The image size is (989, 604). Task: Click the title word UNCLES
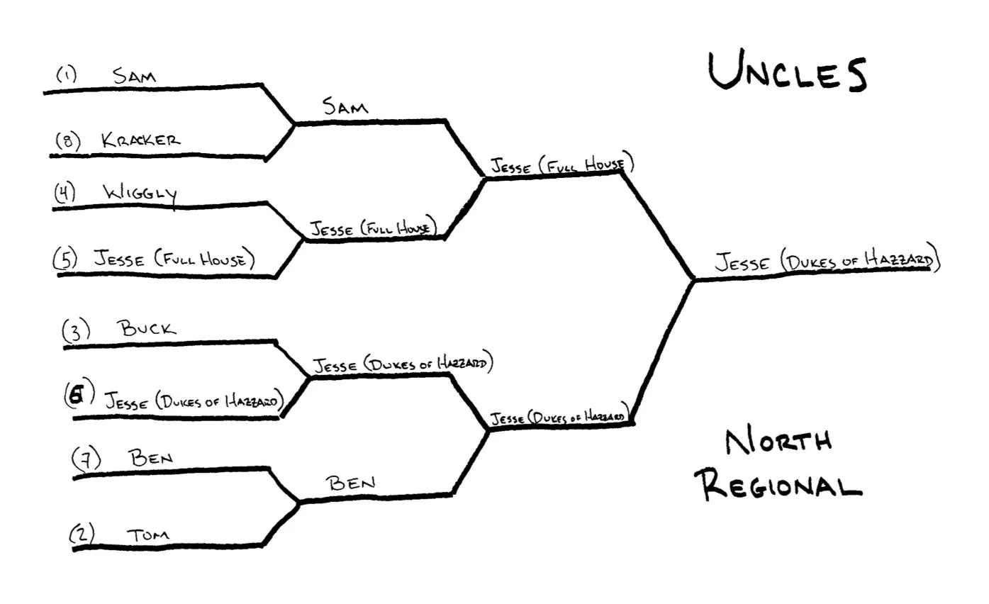click(787, 73)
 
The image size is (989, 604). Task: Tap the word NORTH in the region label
click(778, 442)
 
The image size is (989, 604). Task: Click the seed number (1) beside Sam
click(67, 74)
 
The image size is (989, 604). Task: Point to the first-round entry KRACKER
click(140, 140)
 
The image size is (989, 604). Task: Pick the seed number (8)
click(69, 142)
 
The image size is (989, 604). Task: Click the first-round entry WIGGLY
click(140, 194)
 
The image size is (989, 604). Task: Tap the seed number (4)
click(65, 194)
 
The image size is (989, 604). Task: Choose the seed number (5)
click(66, 259)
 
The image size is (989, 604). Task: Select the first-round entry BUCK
click(147, 329)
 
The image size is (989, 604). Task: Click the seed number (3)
click(76, 331)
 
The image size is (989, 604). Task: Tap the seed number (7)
click(86, 460)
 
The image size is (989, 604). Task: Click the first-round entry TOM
click(149, 535)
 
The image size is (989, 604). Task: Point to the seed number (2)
click(82, 534)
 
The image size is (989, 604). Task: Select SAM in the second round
click(345, 107)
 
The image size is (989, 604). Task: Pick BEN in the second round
click(350, 484)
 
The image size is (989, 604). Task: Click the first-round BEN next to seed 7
click(150, 458)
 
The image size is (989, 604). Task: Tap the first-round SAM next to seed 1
click(135, 76)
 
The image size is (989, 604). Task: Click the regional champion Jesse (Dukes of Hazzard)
click(827, 262)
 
